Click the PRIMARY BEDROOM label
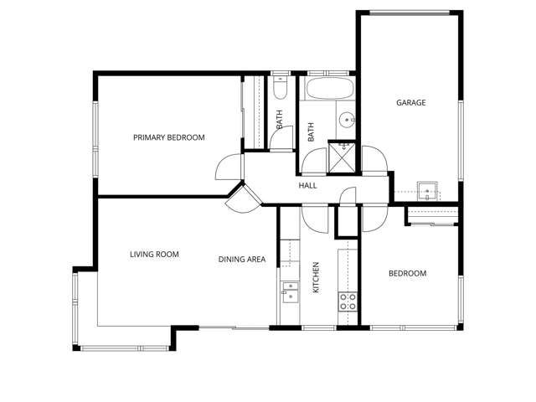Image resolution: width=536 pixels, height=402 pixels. (x=168, y=137)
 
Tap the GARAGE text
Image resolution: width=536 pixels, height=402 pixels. (x=410, y=103)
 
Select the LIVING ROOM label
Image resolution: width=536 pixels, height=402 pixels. (x=154, y=255)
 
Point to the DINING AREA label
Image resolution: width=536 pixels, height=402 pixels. (x=242, y=260)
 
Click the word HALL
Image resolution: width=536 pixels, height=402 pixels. (x=307, y=185)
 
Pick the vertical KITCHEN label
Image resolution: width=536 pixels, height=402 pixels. (x=317, y=277)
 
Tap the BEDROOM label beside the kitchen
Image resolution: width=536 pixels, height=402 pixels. (x=408, y=274)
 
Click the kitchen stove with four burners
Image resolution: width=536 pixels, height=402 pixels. (x=348, y=301)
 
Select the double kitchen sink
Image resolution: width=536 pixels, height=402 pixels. (x=290, y=291)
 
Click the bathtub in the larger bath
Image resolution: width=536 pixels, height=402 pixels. (x=328, y=90)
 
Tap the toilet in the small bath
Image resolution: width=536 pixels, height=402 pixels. (x=280, y=88)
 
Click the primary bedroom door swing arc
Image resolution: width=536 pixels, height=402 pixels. (x=228, y=168)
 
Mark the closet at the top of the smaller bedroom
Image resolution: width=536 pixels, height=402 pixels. (x=432, y=217)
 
